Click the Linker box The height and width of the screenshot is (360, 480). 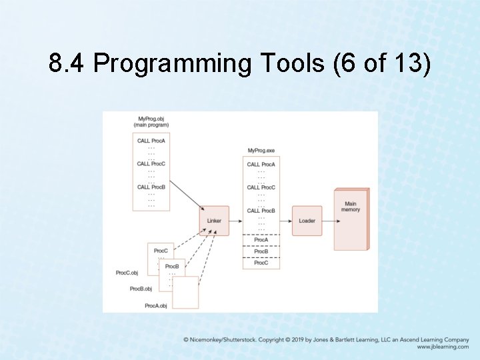coord(214,221)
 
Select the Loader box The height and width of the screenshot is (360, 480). coord(307,221)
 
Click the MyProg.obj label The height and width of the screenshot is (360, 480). coord(151,119)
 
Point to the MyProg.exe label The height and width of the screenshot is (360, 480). coord(261,151)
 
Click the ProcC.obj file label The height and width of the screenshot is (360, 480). coord(127,273)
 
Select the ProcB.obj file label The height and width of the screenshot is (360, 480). coord(141,289)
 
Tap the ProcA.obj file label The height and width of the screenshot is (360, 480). coord(155,305)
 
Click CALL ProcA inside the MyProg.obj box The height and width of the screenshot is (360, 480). coord(151,141)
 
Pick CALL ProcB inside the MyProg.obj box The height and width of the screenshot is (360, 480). coord(151,187)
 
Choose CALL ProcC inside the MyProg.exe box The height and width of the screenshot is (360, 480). coord(261,187)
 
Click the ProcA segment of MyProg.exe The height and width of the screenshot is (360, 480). coord(261,240)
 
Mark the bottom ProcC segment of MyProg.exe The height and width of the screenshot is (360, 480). coord(261,263)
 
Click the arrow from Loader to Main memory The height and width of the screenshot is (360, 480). coord(328,221)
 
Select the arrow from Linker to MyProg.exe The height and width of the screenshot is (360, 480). coord(236,221)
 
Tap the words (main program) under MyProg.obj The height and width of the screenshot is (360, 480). coord(151,125)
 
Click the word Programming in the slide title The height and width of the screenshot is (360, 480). coord(172,64)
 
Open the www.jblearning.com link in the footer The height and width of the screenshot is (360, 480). coord(443,347)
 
